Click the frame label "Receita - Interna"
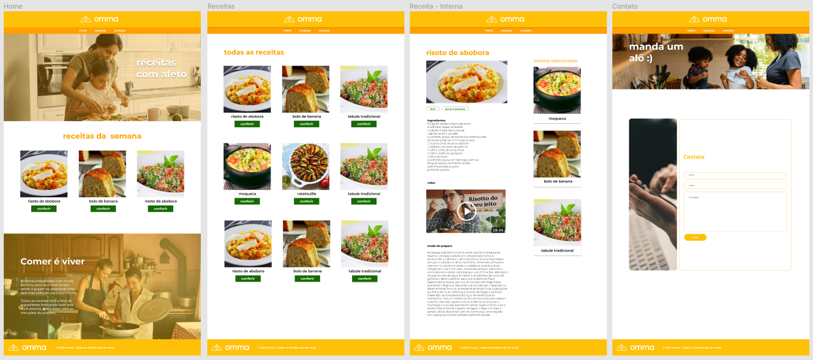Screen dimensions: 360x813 pyautogui.click(x=436, y=6)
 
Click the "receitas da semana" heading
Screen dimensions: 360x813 pyautogui.click(x=102, y=136)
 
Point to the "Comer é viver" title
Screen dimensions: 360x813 pyautogui.click(x=53, y=261)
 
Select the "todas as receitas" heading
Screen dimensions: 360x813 pyautogui.click(x=254, y=53)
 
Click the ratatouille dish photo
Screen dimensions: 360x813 pyautogui.click(x=305, y=166)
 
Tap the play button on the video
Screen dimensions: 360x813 pyautogui.click(x=466, y=211)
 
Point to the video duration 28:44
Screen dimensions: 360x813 pyautogui.click(x=498, y=230)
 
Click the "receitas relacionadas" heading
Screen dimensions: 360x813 pyautogui.click(x=555, y=61)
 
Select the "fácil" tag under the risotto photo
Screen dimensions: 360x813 pyautogui.click(x=432, y=108)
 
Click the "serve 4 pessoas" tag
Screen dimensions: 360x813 pyautogui.click(x=455, y=108)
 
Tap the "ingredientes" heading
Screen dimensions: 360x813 pyautogui.click(x=436, y=120)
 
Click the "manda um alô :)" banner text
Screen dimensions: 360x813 pyautogui.click(x=656, y=52)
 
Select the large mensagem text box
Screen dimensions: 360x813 pyautogui.click(x=735, y=212)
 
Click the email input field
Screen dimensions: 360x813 pyautogui.click(x=735, y=185)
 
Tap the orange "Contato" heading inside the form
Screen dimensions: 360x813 pyautogui.click(x=694, y=157)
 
